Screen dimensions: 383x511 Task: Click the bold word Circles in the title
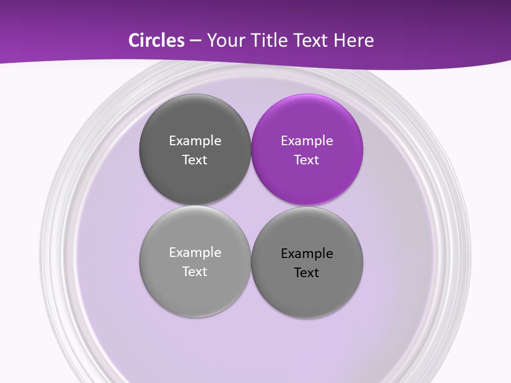tap(156, 40)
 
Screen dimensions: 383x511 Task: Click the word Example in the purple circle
tap(307, 141)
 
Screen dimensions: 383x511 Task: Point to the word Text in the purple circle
tap(307, 160)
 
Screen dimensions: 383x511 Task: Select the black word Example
tap(307, 254)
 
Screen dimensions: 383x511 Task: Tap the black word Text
tap(307, 273)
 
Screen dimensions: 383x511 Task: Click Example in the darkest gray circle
tap(195, 141)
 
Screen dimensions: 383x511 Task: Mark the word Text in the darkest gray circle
tap(195, 160)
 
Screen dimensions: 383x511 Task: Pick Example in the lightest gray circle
tap(195, 253)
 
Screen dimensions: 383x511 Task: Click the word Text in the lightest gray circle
tap(195, 271)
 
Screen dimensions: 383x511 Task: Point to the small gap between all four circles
tap(251, 206)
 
